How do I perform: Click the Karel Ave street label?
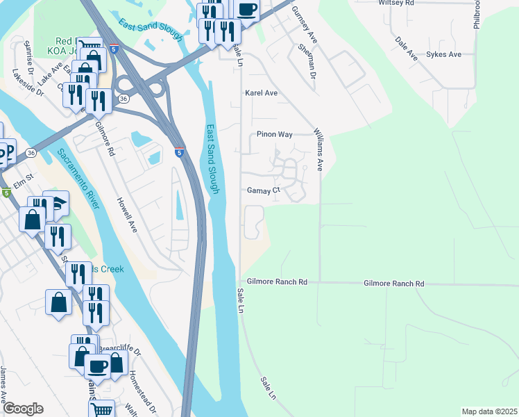(261, 92)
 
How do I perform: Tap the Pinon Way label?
(274, 134)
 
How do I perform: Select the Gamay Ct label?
(263, 190)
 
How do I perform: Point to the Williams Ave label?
(318, 149)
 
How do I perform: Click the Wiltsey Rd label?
(396, 3)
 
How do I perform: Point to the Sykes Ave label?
(444, 54)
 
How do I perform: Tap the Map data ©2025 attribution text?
(488, 411)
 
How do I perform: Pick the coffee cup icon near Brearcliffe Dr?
(97, 365)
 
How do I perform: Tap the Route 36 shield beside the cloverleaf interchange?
(123, 99)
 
